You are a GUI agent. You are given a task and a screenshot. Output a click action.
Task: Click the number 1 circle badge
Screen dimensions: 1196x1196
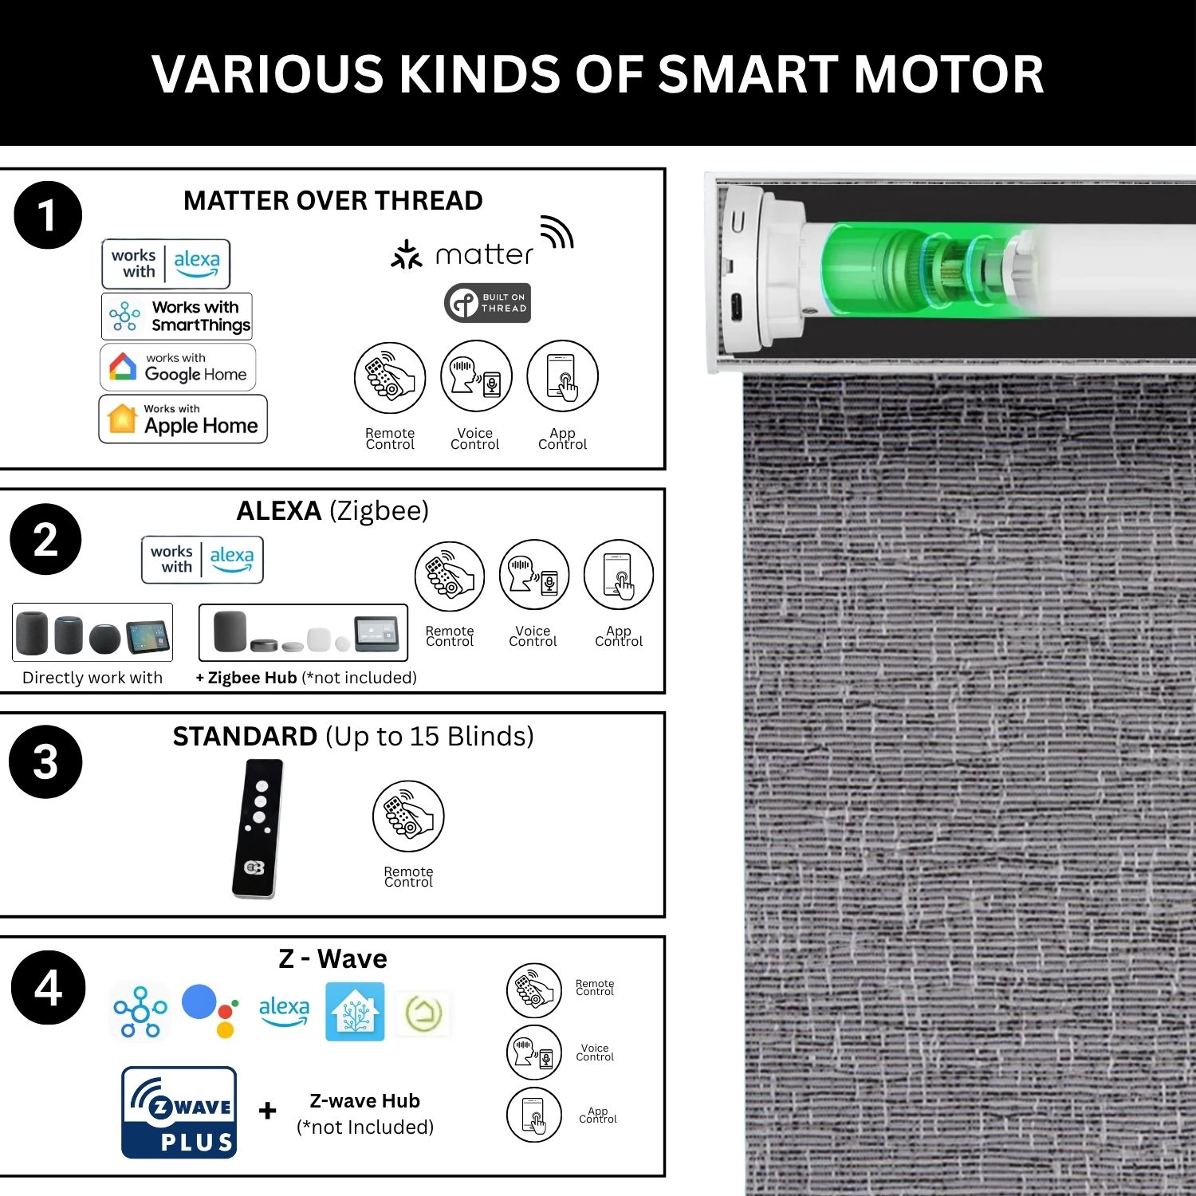point(48,215)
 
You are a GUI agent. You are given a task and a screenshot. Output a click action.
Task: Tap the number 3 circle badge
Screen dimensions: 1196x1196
point(45,761)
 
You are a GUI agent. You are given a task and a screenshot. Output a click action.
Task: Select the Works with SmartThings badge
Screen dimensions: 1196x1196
point(177,317)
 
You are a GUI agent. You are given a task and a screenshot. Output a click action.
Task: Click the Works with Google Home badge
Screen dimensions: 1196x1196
point(178,367)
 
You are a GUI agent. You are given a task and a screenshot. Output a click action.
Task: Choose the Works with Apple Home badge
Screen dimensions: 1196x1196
point(183,419)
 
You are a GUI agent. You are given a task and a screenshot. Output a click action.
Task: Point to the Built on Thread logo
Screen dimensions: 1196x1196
point(487,303)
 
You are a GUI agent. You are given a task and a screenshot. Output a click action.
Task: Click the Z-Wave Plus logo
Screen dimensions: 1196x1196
point(179,1112)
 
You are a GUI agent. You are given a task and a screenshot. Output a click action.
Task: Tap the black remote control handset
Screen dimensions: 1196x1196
point(258,828)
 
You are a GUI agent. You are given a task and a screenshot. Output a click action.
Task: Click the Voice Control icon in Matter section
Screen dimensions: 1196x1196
point(476,376)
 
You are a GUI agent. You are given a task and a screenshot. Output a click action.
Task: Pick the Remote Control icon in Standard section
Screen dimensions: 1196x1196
point(408,816)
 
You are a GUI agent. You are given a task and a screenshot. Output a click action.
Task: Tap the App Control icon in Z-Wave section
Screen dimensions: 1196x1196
point(534,1115)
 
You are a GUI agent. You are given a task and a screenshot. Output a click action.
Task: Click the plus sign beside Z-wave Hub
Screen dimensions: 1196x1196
point(268,1110)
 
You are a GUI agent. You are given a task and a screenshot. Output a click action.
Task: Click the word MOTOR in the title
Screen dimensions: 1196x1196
point(949,74)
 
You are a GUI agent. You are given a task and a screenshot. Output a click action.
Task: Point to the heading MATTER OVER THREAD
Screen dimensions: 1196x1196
point(333,200)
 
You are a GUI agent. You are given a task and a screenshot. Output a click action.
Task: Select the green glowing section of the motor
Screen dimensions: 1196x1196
point(925,269)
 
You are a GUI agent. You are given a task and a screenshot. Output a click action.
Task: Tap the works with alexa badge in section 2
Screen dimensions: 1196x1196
point(203,560)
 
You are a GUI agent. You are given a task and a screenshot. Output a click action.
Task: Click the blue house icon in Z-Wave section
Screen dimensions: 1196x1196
point(355,1011)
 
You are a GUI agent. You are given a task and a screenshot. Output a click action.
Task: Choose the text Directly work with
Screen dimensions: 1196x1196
point(92,678)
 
